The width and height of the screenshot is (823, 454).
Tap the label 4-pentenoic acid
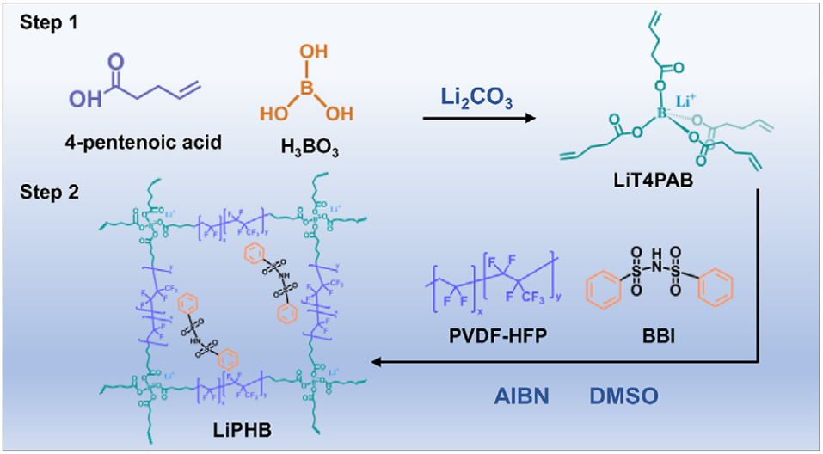click(x=137, y=141)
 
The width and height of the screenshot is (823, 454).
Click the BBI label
click(x=660, y=326)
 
